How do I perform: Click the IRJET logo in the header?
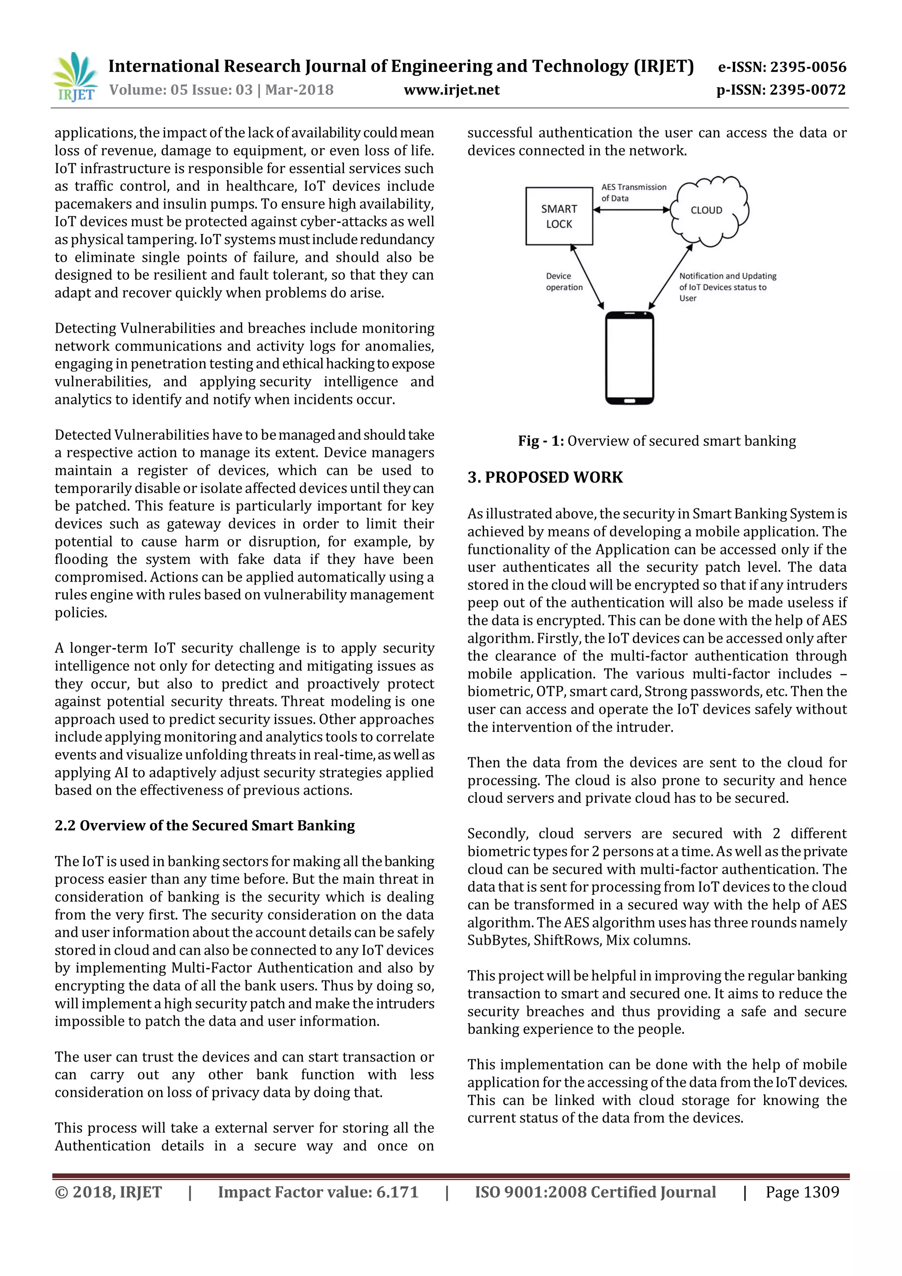click(x=75, y=77)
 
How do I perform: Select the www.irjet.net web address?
click(x=451, y=90)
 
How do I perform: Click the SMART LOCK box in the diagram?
click(x=559, y=216)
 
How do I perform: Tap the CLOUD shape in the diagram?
click(x=708, y=211)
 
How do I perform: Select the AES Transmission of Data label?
click(x=633, y=192)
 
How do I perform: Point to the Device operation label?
click(x=563, y=281)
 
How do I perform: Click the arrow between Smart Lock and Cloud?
click(x=632, y=210)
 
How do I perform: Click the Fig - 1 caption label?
click(x=540, y=441)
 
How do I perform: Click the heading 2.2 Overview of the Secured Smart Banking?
click(x=204, y=825)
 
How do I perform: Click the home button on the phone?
click(x=629, y=401)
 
